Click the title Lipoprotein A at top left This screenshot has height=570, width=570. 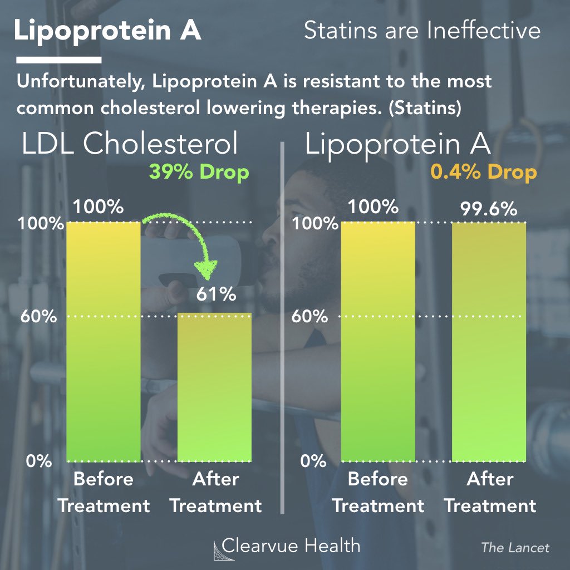click(107, 31)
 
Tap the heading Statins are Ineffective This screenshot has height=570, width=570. click(422, 31)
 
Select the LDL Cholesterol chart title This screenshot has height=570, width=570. click(130, 145)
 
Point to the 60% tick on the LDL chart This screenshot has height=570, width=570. click(37, 317)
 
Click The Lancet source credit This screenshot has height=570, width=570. click(515, 548)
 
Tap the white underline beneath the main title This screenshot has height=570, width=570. click(58, 59)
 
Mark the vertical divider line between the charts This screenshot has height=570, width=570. click(283, 328)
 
